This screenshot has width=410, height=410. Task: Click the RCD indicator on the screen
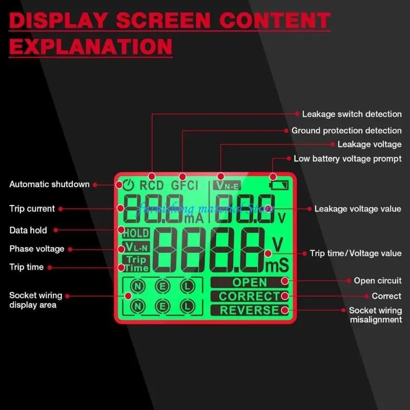(152, 185)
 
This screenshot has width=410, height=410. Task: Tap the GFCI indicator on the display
(184, 185)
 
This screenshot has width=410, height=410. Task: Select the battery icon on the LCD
(281, 185)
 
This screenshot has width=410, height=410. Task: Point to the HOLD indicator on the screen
(136, 233)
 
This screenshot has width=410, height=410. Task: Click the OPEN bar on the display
(250, 282)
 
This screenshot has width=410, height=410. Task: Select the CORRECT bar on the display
(250, 296)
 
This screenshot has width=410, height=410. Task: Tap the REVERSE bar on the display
(250, 310)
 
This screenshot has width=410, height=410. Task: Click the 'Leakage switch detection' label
(352, 114)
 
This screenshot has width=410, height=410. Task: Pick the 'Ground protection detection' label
(346, 131)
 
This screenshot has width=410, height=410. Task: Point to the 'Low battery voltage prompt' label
(347, 159)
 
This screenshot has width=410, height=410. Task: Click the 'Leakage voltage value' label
(358, 209)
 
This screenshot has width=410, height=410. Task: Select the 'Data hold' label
(28, 230)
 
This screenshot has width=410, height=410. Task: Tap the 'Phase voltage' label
(37, 249)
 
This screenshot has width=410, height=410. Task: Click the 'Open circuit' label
(378, 281)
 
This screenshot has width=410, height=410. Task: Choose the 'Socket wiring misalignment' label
(375, 315)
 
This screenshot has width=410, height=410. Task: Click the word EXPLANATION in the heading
(91, 46)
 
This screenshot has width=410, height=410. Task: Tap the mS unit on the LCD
(277, 265)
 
